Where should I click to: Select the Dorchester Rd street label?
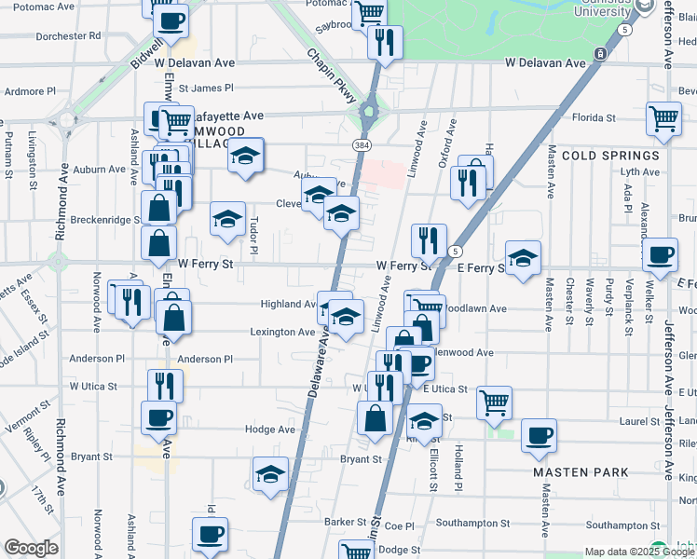(x=68, y=36)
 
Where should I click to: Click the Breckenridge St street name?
(x=104, y=220)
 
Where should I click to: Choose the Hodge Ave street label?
(x=270, y=429)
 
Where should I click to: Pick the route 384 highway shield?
(x=362, y=146)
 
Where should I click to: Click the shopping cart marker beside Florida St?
(x=663, y=119)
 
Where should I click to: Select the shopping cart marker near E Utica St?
(x=493, y=402)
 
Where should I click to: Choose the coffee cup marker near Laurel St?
(x=538, y=435)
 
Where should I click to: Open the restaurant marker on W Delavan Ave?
(x=383, y=42)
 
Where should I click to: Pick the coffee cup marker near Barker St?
(x=210, y=534)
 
